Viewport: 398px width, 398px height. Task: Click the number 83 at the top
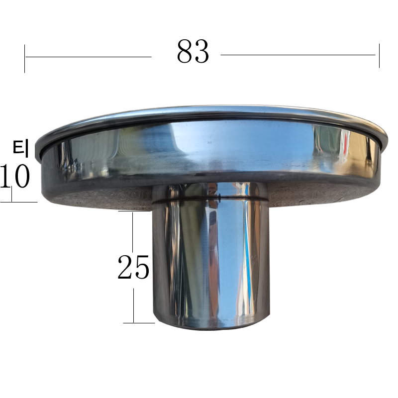coord(193,51)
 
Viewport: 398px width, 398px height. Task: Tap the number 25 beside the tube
coord(133,267)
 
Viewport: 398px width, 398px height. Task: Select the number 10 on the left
coord(15,176)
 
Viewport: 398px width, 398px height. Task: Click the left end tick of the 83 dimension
coord(24,59)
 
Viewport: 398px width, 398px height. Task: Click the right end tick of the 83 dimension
coord(379,56)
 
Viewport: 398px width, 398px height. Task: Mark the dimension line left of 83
coord(89,57)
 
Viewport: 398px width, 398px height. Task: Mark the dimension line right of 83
coord(298,55)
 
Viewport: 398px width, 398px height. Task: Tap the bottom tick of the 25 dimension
coord(139,323)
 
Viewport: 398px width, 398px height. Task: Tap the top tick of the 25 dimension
coord(134,211)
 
